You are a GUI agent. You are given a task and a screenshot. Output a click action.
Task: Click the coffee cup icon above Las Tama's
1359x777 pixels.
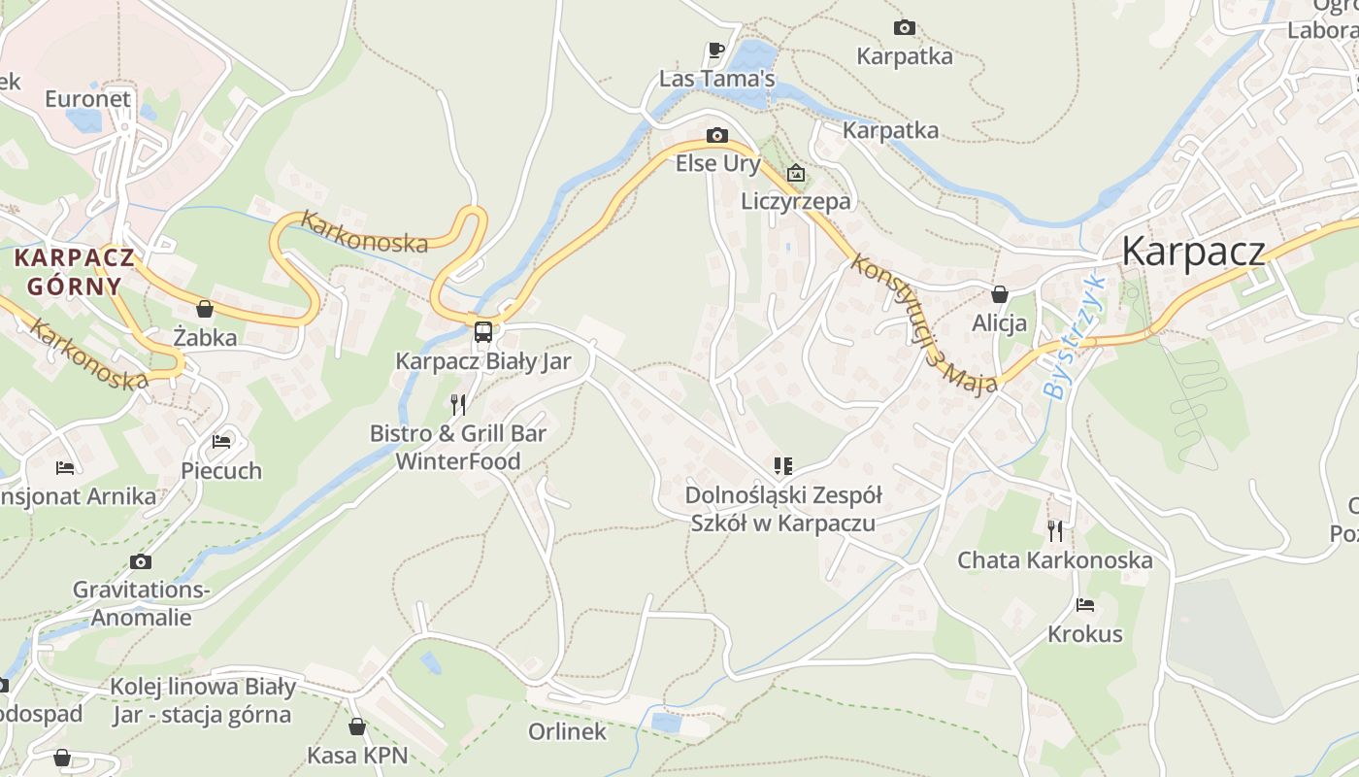pyautogui.click(x=716, y=50)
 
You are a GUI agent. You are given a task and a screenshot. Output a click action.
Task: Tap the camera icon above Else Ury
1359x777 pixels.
pyautogui.click(x=717, y=135)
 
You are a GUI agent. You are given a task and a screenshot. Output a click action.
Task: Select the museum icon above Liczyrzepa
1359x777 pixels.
pyautogui.click(x=796, y=174)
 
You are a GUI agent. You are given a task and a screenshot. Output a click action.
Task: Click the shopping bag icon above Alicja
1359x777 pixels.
pyautogui.click(x=1000, y=294)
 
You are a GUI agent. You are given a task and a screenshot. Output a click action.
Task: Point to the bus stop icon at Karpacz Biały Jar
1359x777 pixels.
pyautogui.click(x=483, y=332)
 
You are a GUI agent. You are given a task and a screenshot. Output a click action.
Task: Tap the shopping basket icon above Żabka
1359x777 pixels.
pyautogui.click(x=205, y=309)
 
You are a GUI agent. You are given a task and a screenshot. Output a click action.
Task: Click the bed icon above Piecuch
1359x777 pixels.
pyautogui.click(x=221, y=442)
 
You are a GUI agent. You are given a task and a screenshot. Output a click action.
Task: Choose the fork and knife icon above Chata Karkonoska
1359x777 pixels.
pyautogui.click(x=1055, y=530)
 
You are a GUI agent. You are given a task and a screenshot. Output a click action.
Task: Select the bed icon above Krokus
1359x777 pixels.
pyautogui.click(x=1085, y=605)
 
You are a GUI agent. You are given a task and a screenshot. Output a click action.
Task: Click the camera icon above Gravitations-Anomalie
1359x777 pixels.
pyautogui.click(x=141, y=561)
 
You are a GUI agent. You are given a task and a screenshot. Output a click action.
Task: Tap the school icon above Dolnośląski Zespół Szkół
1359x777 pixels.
pyautogui.click(x=783, y=466)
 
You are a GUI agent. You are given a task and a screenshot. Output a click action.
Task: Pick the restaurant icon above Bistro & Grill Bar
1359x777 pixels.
pyautogui.click(x=458, y=404)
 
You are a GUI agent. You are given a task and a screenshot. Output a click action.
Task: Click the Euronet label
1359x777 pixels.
pyautogui.click(x=87, y=99)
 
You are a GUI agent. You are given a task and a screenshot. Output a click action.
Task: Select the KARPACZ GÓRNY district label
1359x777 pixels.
pyautogui.click(x=75, y=272)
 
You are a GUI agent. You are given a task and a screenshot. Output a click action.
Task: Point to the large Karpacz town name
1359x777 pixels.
pyautogui.click(x=1193, y=251)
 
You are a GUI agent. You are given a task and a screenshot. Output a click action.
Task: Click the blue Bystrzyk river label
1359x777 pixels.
pyautogui.click(x=1075, y=338)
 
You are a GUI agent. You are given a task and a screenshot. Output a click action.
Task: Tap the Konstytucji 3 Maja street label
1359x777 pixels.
pyautogui.click(x=923, y=324)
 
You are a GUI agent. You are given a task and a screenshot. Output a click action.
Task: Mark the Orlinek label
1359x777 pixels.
pyautogui.click(x=567, y=731)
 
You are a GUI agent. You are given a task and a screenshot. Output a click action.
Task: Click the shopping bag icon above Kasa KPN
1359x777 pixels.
pyautogui.click(x=357, y=726)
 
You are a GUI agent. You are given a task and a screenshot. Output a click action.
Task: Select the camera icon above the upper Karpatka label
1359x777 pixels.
pyautogui.click(x=904, y=28)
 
